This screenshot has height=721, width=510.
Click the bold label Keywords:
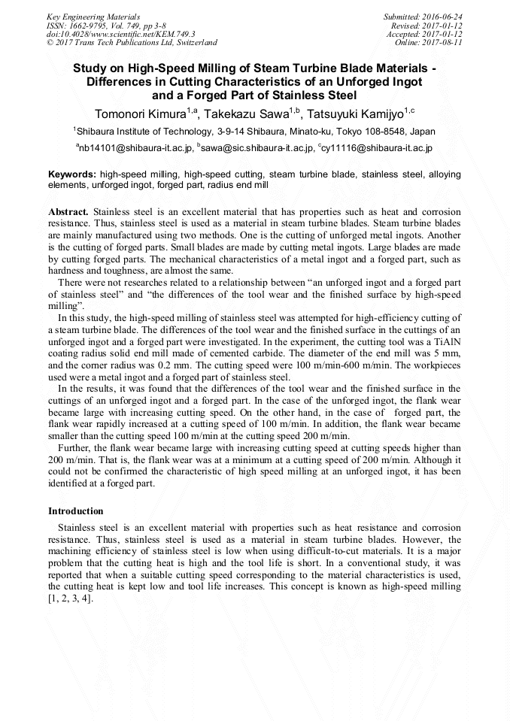click(x=72, y=174)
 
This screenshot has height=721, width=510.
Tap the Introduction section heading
click(x=76, y=511)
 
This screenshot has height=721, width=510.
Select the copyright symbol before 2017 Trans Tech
click(x=50, y=43)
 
